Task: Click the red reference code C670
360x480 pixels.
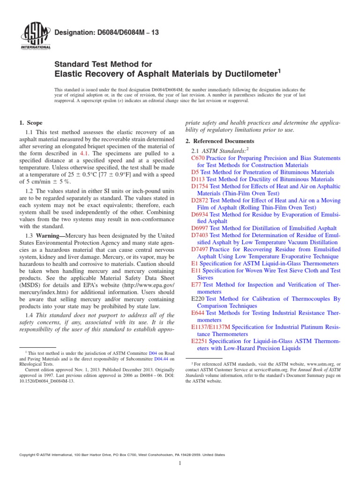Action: click(198, 158)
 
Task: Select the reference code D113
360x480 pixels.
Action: click(198, 179)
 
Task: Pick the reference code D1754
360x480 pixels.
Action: click(200, 186)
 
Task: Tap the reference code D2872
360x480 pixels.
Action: click(200, 200)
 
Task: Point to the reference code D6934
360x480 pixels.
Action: click(200, 214)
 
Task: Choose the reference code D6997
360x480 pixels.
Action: click(200, 228)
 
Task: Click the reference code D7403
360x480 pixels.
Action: click(200, 235)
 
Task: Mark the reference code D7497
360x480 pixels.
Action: click(200, 249)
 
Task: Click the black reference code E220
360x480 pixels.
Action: click(198, 299)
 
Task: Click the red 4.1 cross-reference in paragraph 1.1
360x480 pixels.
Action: click(85, 153)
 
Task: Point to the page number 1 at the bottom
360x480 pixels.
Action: click(180, 464)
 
